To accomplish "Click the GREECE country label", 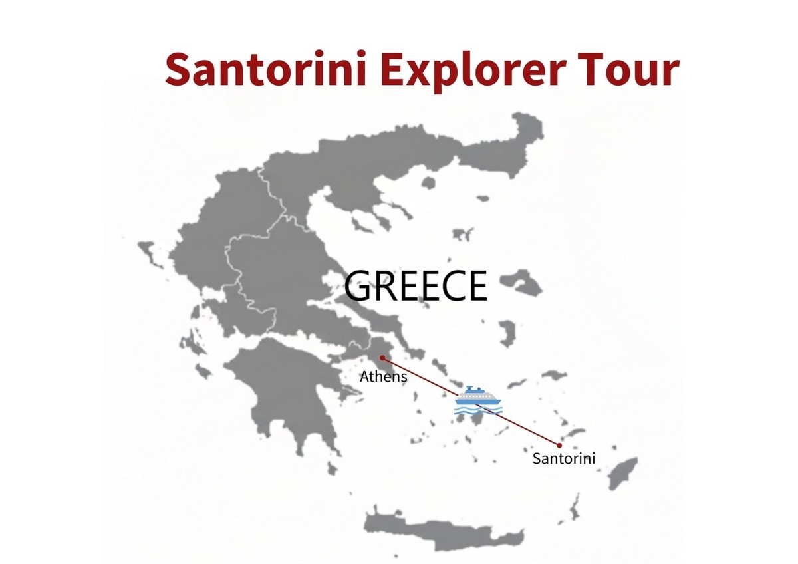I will click(416, 286).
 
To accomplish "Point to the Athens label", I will click(383, 377).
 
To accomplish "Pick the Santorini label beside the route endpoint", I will click(563, 458).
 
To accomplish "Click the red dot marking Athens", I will click(382, 357).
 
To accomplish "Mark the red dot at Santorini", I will click(559, 445).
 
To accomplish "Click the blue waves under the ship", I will click(475, 409).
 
